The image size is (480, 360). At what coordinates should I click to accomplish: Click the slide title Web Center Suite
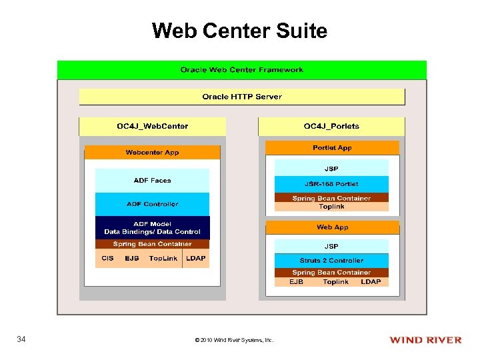pos(239,31)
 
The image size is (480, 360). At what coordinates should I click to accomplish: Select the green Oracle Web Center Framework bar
pos(241,70)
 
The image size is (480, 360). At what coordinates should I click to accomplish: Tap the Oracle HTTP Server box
pos(241,97)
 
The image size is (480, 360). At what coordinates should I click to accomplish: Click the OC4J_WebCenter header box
pos(152,126)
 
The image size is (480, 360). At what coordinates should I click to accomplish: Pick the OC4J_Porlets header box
pos(331,126)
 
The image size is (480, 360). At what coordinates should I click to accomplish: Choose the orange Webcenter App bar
pos(152,153)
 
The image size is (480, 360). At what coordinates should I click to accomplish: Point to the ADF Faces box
pos(152,181)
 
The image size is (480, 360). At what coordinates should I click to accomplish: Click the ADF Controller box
pos(152,204)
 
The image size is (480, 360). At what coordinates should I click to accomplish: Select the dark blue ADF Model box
pos(152,227)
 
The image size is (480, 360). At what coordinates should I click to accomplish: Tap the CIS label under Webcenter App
pos(107,258)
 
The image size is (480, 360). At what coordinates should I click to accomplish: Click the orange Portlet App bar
pos(332,148)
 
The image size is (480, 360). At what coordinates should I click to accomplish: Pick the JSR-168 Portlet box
pos(331,184)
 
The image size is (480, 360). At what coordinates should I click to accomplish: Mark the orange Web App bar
pos(332,227)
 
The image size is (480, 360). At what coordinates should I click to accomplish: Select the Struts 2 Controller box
pos(331,261)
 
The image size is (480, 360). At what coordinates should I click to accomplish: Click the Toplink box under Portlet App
pos(331,207)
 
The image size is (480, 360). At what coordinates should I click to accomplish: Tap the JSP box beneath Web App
pos(331,246)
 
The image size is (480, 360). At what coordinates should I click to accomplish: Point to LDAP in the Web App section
pos(371,282)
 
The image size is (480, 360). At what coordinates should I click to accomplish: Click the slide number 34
pos(21,340)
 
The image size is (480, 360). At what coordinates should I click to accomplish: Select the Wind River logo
pos(425,340)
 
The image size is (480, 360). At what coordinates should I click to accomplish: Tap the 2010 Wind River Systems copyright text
pos(233,341)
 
